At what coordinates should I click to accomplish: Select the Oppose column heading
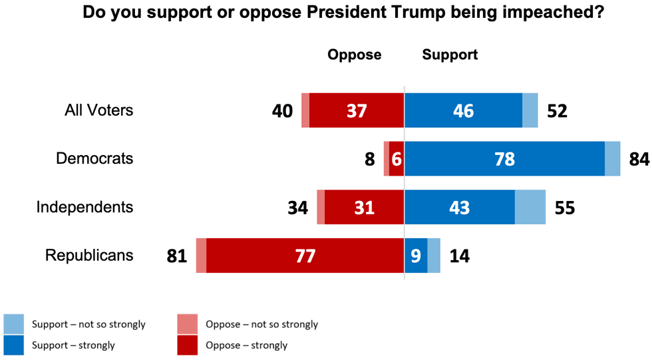[x=354, y=55]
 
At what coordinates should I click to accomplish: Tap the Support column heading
[x=450, y=55]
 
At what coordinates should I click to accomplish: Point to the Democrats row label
[x=94, y=158]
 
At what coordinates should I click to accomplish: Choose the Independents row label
[x=84, y=207]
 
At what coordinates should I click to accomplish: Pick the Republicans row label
[x=89, y=255]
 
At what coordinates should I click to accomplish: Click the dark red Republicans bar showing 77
[x=305, y=256]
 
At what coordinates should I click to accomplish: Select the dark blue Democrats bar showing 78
[x=504, y=159]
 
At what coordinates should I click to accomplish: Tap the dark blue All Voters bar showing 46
[x=463, y=110]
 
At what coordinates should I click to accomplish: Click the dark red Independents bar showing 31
[x=364, y=207]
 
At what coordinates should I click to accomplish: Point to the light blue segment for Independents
[x=530, y=207]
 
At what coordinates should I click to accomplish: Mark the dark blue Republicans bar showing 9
[x=416, y=256]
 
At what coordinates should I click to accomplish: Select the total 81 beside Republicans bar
[x=178, y=256]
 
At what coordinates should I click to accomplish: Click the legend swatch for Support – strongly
[x=14, y=345]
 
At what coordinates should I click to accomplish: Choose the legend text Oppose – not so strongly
[x=261, y=325]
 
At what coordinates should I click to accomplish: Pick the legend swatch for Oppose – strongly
[x=188, y=345]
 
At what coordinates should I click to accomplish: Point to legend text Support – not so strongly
[x=88, y=325]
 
